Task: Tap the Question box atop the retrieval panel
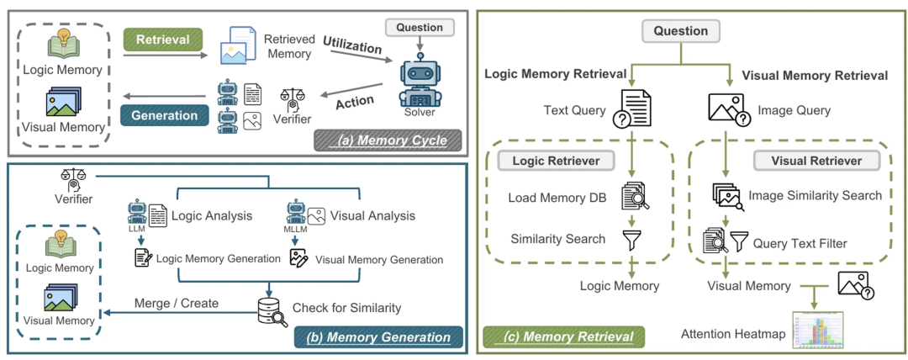click(681, 31)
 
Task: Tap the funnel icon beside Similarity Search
click(631, 239)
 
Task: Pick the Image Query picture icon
click(729, 110)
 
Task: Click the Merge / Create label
click(175, 303)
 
